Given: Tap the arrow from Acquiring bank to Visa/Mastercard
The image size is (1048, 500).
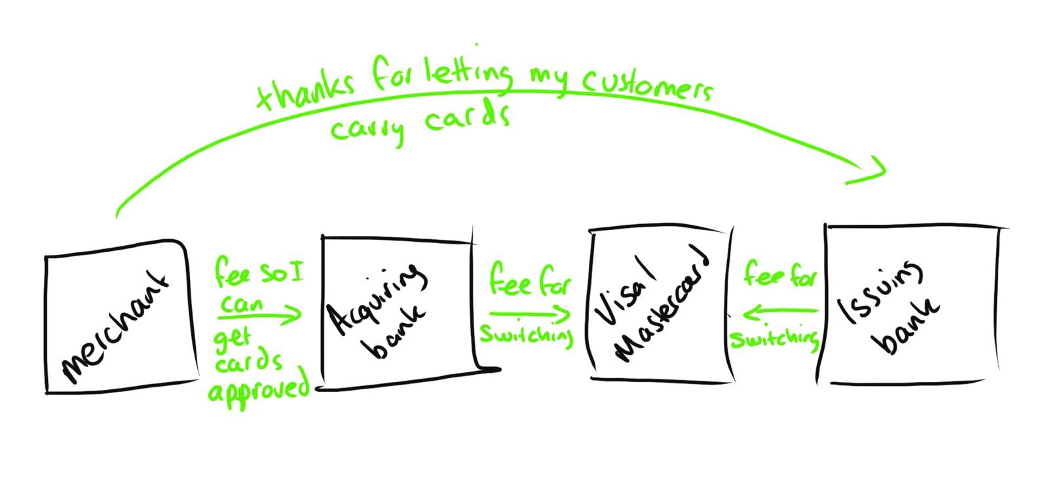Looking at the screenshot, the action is pos(529,314).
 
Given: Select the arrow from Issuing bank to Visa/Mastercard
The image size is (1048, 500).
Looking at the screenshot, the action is pos(779,313).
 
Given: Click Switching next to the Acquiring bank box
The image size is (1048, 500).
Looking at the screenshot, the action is pos(527,335).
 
